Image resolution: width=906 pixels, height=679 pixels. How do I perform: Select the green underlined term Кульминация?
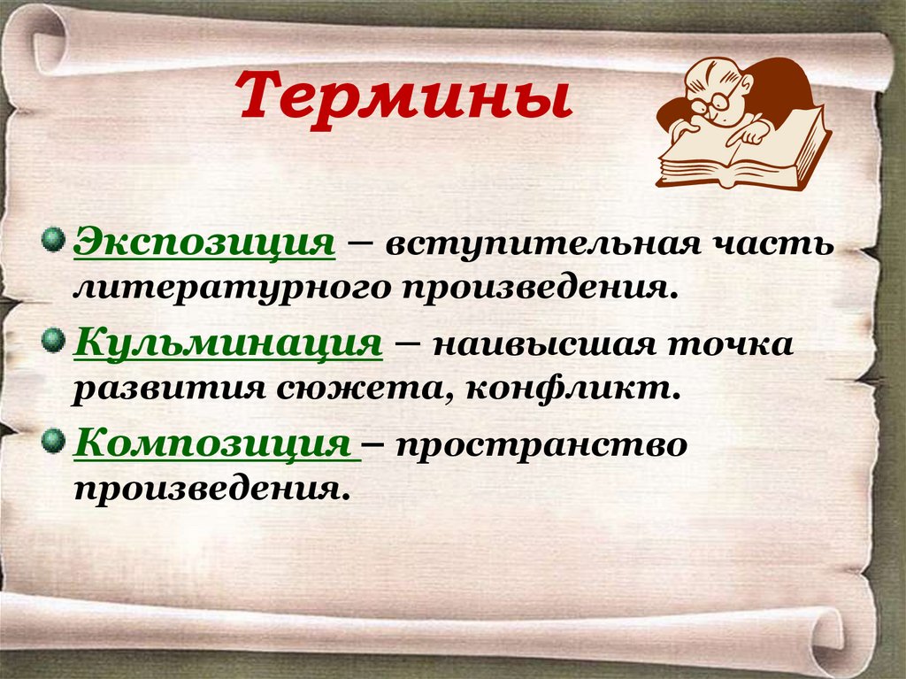(x=228, y=342)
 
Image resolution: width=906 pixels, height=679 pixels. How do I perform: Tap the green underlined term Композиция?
(x=216, y=442)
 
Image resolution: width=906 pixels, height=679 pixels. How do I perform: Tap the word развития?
(x=165, y=388)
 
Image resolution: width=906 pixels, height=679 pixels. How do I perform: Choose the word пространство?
(x=541, y=444)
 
